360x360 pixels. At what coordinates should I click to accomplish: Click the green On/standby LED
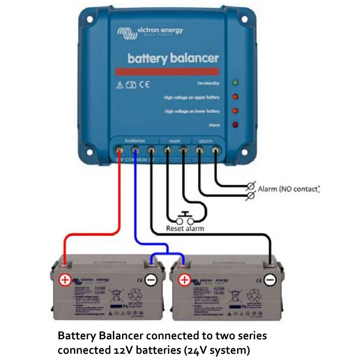coord(235,83)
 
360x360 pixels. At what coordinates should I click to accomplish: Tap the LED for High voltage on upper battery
coord(235,97)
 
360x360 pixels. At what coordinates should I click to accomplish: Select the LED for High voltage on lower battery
coord(235,111)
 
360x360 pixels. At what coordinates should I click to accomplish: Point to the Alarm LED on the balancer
coord(235,125)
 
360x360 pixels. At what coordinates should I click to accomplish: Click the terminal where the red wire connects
coord(119,151)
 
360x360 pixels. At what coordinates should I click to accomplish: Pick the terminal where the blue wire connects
coord(135,151)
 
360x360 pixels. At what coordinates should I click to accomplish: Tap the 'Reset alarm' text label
coord(185,229)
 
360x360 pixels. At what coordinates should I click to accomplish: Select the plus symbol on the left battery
coord(65,280)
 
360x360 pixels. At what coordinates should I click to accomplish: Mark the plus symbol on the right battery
coord(184,280)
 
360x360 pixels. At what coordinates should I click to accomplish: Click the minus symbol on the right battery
coord(270,280)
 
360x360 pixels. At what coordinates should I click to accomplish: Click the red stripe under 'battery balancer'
coord(167,72)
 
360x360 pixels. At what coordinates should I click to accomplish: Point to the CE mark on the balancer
coord(144,85)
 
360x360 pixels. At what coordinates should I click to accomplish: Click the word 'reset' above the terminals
coord(175,141)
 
